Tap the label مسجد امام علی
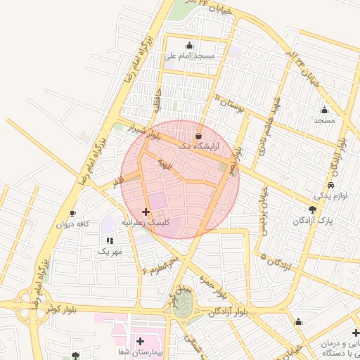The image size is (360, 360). [189, 56]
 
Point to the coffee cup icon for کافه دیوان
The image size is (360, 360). [72, 214]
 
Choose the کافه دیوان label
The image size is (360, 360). [75, 224]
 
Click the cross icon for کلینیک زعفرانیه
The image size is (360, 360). [146, 212]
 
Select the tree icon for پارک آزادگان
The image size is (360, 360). [313, 210]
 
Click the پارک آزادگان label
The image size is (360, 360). [314, 221]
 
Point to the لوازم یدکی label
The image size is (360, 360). [328, 196]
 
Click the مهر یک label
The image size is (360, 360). [110, 251]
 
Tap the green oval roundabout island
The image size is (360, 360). [183, 303]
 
